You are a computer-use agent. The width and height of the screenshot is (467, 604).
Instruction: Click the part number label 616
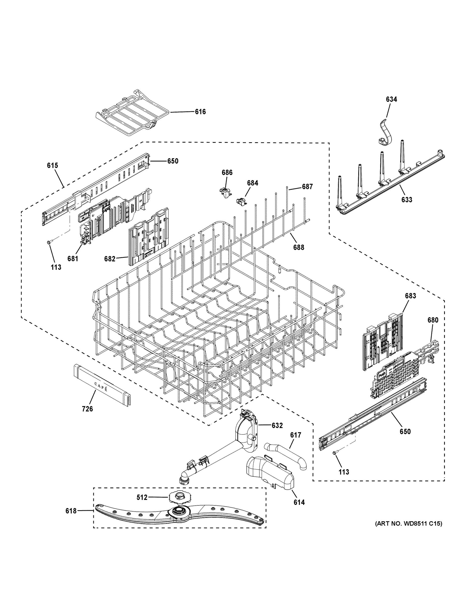pos(200,112)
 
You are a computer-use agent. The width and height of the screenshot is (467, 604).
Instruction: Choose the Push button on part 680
pos(382,374)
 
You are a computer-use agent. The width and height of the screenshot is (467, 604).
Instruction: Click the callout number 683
pos(410,296)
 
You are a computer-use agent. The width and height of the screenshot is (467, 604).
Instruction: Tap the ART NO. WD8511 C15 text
pos(408,523)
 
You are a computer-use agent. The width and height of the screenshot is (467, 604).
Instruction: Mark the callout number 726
pos(87,409)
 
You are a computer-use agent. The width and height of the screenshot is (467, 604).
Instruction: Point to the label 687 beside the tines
pos(307,187)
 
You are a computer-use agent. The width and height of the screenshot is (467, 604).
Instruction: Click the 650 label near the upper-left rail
pos(173,161)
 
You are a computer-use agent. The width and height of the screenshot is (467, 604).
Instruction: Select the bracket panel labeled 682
pos(148,237)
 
